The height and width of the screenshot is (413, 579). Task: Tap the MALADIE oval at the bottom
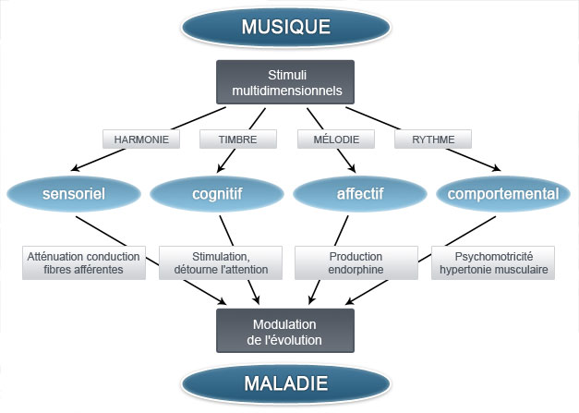(x=285, y=383)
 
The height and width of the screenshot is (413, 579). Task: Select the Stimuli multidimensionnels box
(x=285, y=82)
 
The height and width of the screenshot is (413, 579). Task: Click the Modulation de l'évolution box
(x=285, y=331)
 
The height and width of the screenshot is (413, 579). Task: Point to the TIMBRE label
(x=237, y=140)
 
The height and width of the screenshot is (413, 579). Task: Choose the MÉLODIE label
(x=335, y=140)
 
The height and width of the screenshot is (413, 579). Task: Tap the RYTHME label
(x=432, y=140)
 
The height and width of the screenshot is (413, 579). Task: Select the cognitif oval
(x=215, y=194)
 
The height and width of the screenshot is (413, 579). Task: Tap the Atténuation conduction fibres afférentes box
(x=83, y=262)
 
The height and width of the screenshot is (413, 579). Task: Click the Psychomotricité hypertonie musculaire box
(x=493, y=262)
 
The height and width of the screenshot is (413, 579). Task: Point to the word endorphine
(x=356, y=270)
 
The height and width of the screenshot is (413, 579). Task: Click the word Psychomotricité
(x=493, y=255)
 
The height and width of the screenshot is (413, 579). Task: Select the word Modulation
(x=285, y=323)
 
